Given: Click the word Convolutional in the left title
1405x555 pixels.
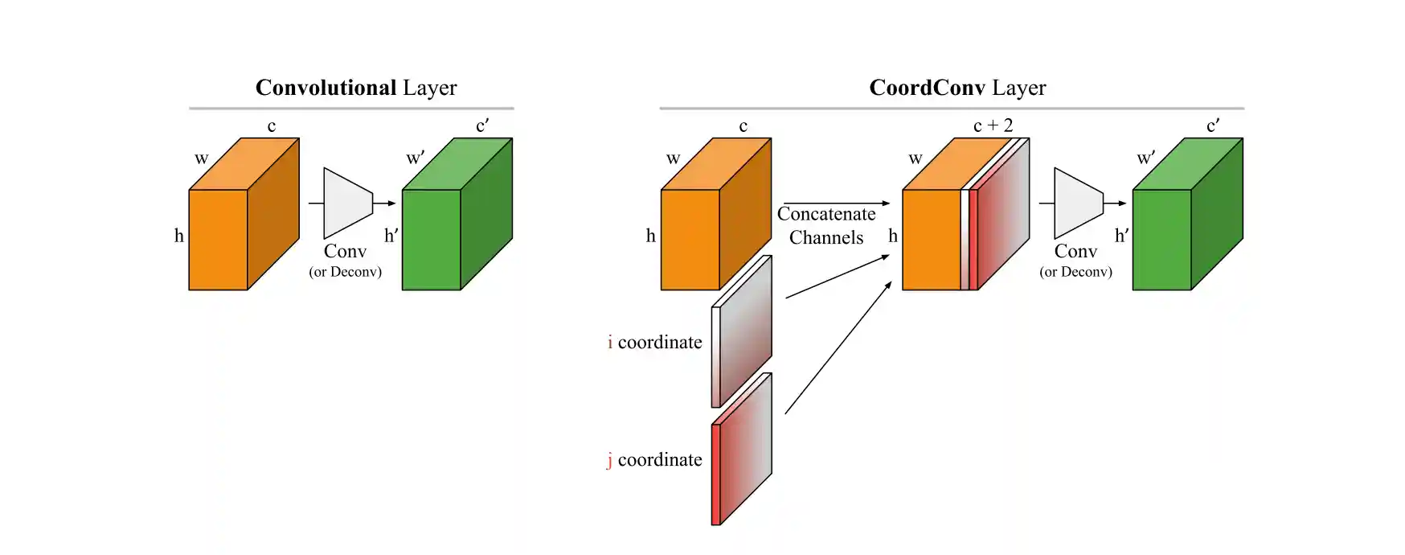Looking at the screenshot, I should (x=326, y=88).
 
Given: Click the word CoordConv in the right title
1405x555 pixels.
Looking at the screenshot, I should (x=927, y=88).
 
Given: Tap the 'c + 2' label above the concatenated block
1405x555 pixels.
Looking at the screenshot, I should (x=993, y=125).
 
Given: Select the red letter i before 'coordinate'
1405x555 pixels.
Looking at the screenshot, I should (x=610, y=343).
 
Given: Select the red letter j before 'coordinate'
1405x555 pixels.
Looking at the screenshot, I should (x=610, y=460).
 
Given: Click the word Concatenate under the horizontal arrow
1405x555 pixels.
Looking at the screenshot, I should (x=826, y=214).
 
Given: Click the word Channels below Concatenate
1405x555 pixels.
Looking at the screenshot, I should (x=826, y=238).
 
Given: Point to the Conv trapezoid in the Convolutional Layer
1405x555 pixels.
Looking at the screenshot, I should (x=346, y=203).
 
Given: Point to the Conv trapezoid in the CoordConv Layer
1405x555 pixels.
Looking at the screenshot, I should (x=1077, y=203).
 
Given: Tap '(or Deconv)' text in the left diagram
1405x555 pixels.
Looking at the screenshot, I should (x=346, y=272).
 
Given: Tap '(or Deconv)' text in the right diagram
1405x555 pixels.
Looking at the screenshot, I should (x=1075, y=272).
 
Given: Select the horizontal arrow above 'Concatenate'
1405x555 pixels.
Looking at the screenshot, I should (x=836, y=203).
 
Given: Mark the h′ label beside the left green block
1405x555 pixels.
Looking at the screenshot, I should (x=391, y=236).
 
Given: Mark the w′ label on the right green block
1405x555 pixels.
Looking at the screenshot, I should (x=1145, y=158).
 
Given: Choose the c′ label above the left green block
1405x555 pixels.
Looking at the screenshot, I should (x=482, y=125).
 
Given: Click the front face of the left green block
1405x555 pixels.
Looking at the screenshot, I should (x=431, y=240).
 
